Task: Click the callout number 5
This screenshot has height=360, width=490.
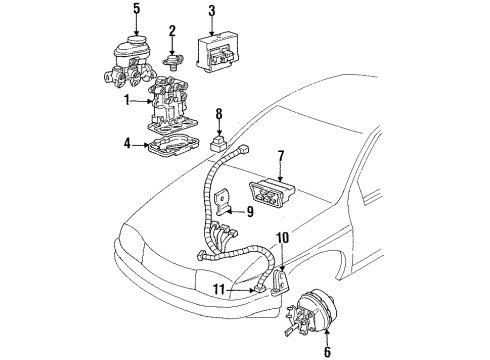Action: coord(136,12)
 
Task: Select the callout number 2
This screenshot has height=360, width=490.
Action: coord(173,30)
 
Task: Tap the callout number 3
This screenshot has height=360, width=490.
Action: coord(211,12)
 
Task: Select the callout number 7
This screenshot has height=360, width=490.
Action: coord(282,156)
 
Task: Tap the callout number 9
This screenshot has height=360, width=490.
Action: coord(249,210)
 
